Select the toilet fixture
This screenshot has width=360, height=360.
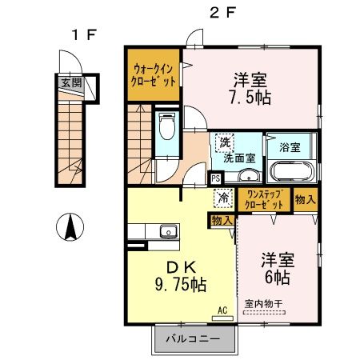167,130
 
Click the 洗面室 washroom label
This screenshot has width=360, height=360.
238,158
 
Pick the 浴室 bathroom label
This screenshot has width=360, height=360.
290,147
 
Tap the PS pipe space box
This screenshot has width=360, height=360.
216,179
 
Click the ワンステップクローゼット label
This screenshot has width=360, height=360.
265,199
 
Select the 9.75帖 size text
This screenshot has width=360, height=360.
178,284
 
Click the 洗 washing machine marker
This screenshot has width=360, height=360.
225,142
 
